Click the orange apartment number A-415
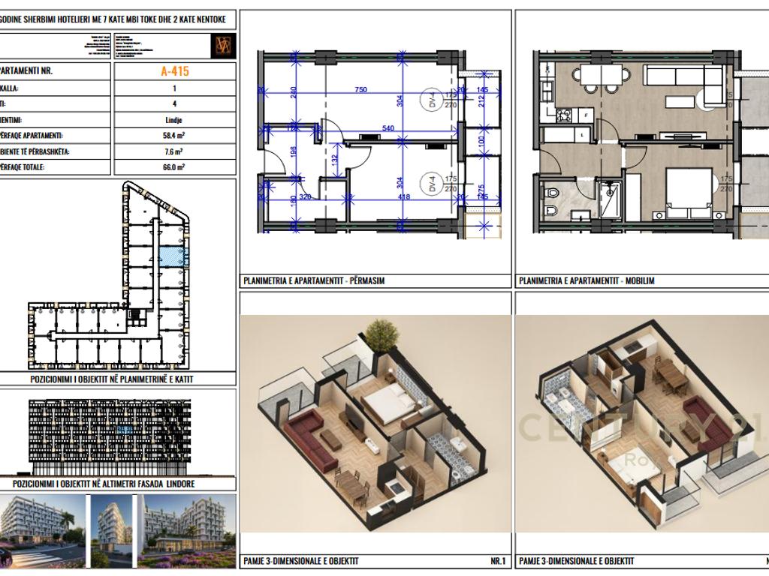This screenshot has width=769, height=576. [x=174, y=72]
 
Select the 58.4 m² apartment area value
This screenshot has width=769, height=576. [x=174, y=136]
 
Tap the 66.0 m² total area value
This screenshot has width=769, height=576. [x=174, y=167]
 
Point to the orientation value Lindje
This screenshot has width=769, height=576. [x=174, y=120]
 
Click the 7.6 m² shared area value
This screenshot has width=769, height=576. [x=174, y=151]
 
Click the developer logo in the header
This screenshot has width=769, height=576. [x=223, y=45]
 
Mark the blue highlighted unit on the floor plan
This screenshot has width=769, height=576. [x=173, y=256]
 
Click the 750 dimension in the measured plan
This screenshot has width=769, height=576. [x=360, y=90]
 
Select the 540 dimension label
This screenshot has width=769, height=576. [x=388, y=129]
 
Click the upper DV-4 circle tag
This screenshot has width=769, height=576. [x=433, y=101]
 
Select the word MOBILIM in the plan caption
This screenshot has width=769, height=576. [x=639, y=281]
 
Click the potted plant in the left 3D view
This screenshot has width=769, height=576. [x=383, y=334]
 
